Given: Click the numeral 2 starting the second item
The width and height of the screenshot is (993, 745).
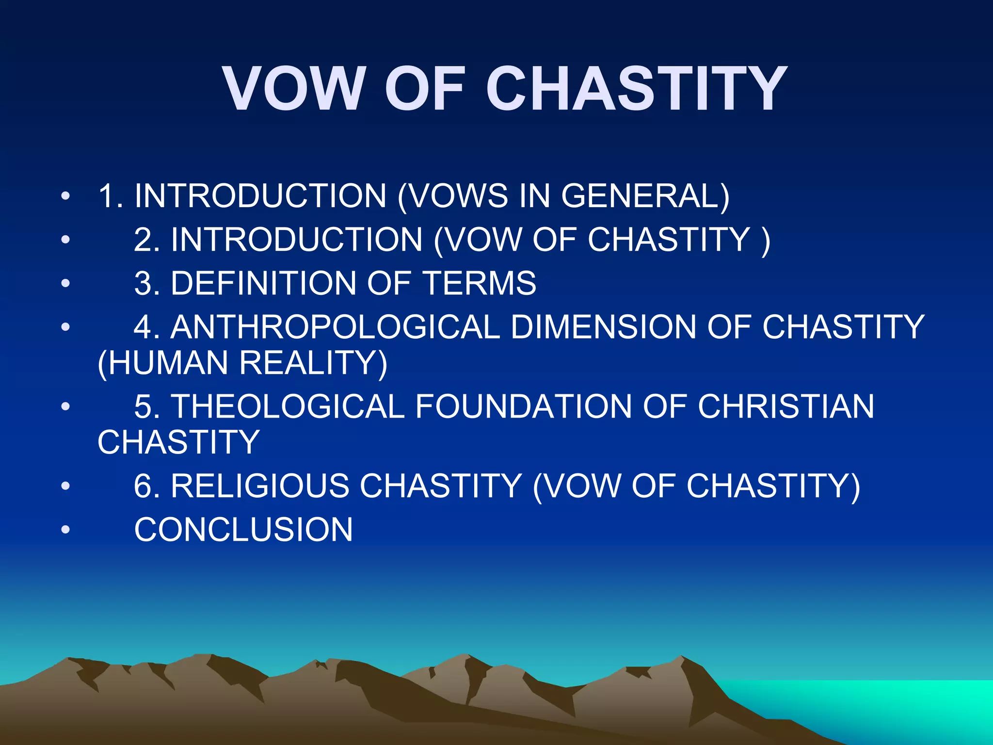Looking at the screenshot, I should coord(144,240).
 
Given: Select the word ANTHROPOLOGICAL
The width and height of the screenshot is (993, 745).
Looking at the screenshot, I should coord(335,327).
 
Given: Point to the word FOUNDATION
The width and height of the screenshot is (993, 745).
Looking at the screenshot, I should coord(524,406).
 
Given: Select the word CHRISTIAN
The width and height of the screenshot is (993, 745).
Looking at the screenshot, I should coord(786,406).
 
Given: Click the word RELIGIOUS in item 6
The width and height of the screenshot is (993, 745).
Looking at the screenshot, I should coord(259,486).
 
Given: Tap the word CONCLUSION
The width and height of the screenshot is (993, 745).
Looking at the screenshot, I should coord(243,530).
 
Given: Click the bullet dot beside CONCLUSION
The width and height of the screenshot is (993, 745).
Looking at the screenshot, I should coord(65,530).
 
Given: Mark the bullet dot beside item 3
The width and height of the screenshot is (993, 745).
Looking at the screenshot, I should coord(65,283).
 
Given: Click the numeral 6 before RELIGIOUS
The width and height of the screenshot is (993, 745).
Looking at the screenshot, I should coord(144,486).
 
